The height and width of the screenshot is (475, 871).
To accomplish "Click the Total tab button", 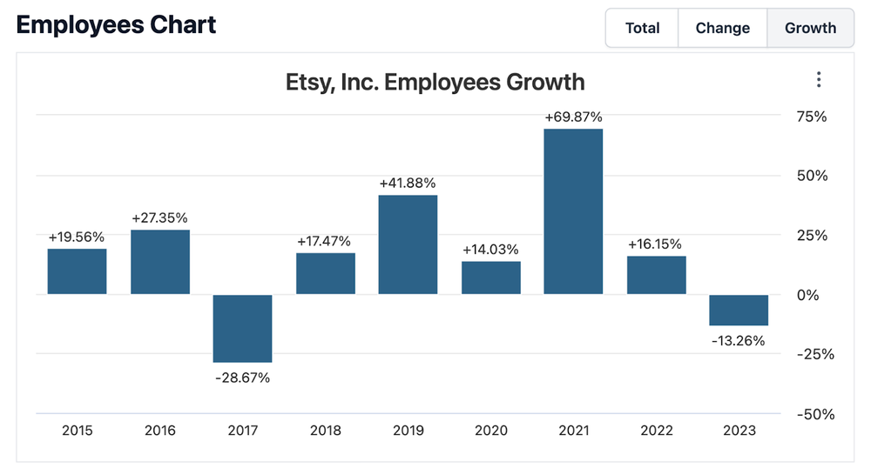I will point(642,28).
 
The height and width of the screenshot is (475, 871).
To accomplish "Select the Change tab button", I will point(722,28).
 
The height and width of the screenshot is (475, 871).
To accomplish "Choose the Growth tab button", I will point(810,28).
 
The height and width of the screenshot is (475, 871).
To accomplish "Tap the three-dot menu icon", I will point(819,80).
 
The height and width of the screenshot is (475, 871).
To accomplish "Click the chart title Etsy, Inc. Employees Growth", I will point(435,82).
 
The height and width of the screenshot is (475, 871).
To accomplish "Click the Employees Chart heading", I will point(116,23).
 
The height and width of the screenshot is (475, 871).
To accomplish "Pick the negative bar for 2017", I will point(243,328).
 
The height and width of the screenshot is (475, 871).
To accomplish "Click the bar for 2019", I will point(408,244).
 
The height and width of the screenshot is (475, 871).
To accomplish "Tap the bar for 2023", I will point(739,310).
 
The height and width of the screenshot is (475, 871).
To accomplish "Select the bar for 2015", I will point(77,271).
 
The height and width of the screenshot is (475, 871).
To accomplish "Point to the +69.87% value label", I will point(573,117).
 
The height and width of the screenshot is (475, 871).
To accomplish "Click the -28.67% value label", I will point(242,378).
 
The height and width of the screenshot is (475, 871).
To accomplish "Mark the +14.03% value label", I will point(490,249).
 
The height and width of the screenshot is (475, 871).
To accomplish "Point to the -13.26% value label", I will point(738,340).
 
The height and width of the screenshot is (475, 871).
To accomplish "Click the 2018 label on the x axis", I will point(325,431).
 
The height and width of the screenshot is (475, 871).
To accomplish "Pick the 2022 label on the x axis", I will point(656,431).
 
